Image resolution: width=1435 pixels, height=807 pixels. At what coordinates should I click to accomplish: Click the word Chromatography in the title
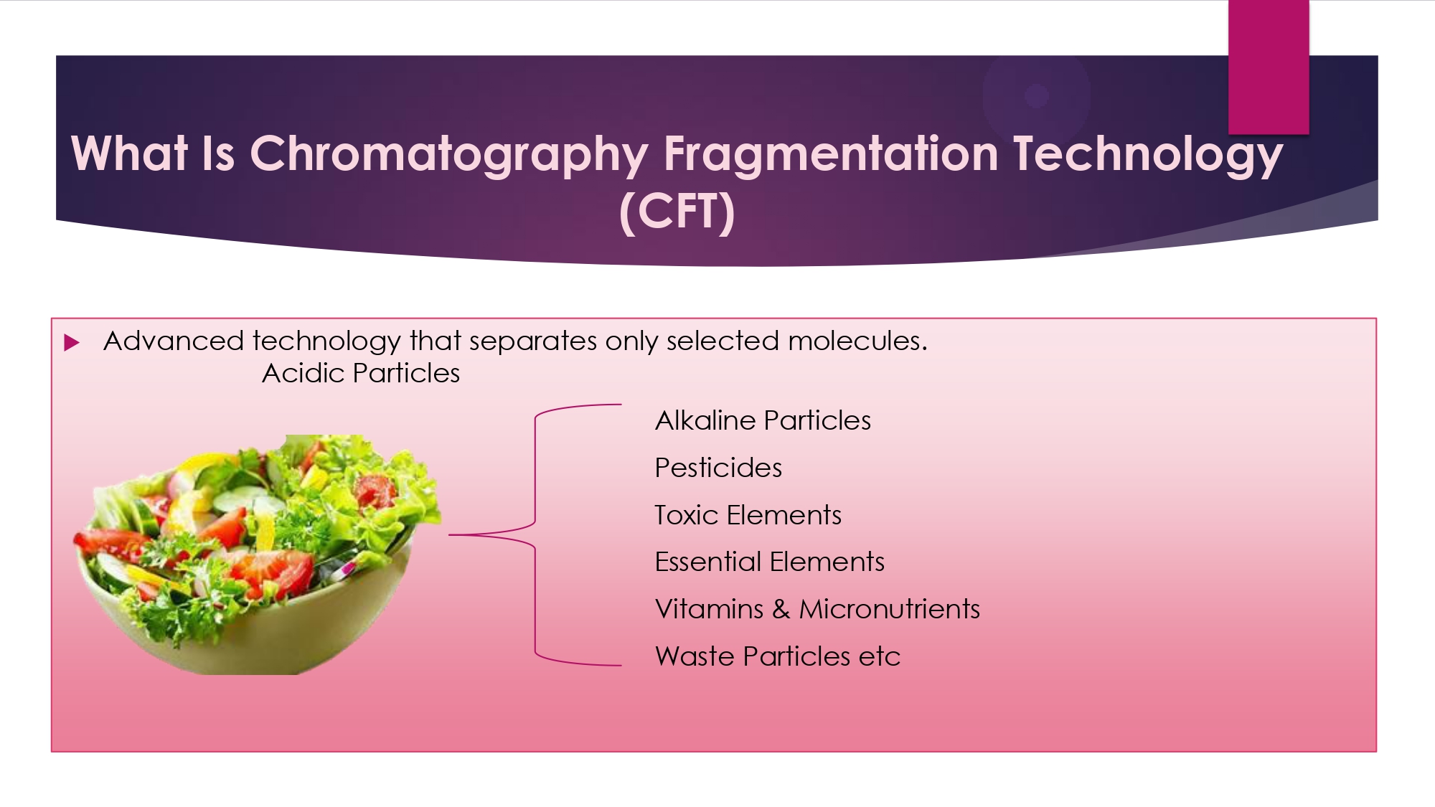pos(449,154)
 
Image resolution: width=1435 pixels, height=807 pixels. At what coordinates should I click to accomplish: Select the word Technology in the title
pos(1148,154)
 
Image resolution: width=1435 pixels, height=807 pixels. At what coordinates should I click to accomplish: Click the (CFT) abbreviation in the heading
pos(677,212)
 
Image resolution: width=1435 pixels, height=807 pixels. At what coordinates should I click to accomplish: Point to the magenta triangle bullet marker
pos(72,342)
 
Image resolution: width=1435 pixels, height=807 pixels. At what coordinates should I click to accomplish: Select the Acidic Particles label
pos(361,373)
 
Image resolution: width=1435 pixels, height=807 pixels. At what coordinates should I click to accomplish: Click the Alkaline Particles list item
pos(763,420)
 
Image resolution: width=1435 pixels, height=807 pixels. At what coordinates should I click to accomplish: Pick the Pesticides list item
pos(718,468)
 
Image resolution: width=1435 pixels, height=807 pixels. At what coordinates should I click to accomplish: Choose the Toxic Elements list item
pos(748,515)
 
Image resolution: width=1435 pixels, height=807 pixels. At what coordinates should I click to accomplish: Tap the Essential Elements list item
pos(769,562)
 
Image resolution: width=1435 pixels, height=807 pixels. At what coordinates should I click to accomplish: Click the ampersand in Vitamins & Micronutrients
pos(781,609)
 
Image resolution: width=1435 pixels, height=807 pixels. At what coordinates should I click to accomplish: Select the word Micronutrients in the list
pos(890,609)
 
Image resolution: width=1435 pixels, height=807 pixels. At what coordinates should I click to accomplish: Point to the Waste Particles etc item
pos(778,656)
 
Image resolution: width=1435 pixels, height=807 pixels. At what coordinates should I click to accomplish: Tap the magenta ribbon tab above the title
pos(1269,67)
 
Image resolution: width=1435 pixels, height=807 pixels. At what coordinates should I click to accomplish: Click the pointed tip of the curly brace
pos(450,534)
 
